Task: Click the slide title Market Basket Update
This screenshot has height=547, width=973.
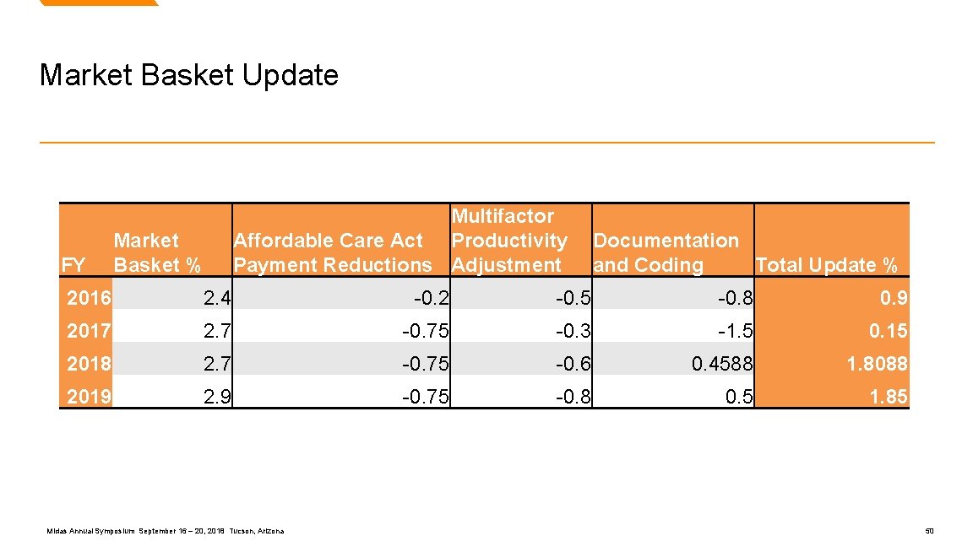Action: click(x=188, y=75)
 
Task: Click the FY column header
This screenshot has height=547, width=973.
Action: click(x=73, y=265)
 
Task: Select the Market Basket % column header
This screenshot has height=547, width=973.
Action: click(x=157, y=252)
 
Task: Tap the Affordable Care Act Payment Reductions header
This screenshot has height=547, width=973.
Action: click(x=332, y=252)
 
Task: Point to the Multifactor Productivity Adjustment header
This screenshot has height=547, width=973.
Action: click(x=509, y=241)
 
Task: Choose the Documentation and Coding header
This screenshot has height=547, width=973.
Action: click(x=666, y=252)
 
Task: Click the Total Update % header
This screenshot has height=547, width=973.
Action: click(x=826, y=265)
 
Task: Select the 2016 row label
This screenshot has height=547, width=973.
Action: click(x=89, y=297)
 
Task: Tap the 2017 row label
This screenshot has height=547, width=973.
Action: click(x=89, y=330)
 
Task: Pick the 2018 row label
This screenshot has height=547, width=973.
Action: click(x=89, y=363)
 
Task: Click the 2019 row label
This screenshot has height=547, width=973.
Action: click(x=89, y=396)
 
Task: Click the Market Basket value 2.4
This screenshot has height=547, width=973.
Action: click(x=217, y=297)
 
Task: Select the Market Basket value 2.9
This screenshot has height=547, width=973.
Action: click(x=217, y=396)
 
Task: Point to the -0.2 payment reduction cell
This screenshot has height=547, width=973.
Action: click(x=432, y=297)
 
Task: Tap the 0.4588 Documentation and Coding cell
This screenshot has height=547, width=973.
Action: click(x=721, y=363)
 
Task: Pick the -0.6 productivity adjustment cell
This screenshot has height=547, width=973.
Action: click(x=573, y=363)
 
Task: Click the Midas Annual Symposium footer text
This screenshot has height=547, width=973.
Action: click(x=166, y=531)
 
